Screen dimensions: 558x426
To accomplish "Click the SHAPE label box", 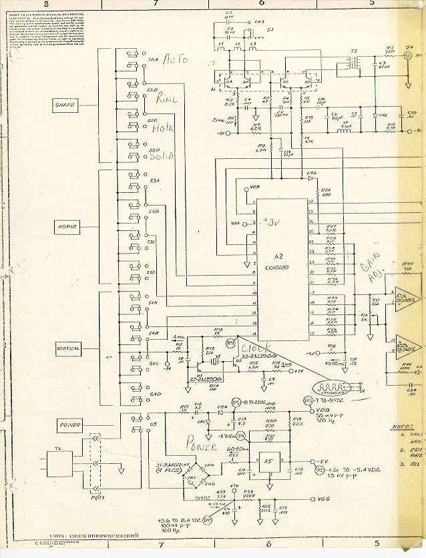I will click(x=67, y=105).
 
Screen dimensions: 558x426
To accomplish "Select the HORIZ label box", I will click(x=66, y=226).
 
